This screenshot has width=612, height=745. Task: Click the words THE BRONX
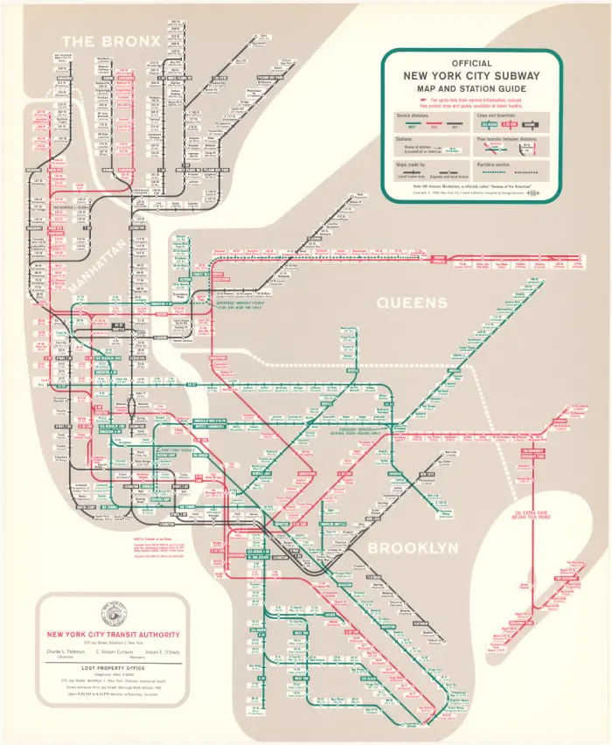click(110, 42)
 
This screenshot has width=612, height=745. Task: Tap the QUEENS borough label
click(412, 303)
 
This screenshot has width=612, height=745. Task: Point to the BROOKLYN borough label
click(413, 548)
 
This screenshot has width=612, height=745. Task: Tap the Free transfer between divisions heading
click(511, 138)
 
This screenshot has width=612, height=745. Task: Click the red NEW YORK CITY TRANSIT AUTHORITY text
click(115, 634)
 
